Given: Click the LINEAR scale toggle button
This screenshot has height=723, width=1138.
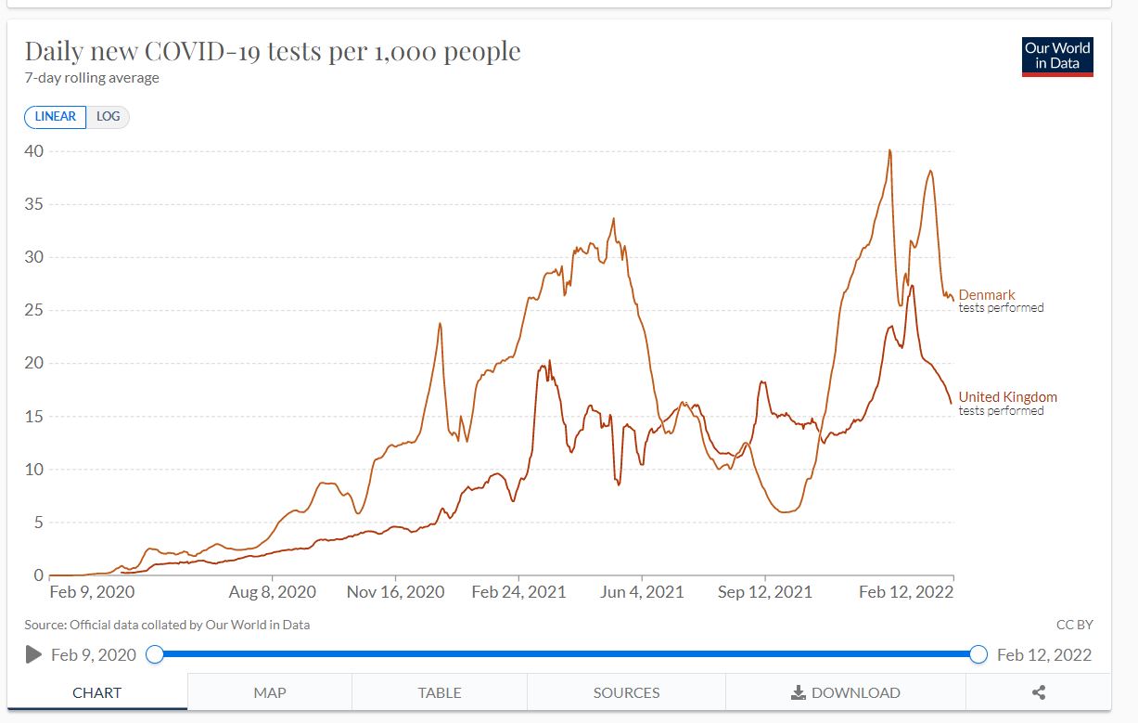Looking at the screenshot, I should [x=56, y=117].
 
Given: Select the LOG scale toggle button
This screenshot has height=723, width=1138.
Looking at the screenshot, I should [x=108, y=117].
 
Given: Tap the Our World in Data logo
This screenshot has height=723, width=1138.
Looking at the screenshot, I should [x=1057, y=56].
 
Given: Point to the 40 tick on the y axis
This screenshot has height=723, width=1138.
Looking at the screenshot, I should [x=34, y=150].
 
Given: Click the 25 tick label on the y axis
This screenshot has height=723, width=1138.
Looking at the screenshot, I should [x=34, y=310].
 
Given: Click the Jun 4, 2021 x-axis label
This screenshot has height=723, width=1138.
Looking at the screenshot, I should [x=643, y=592].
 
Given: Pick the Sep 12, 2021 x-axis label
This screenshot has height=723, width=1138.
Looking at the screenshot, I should [x=765, y=592].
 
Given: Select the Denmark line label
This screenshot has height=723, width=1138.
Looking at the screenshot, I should [x=987, y=295].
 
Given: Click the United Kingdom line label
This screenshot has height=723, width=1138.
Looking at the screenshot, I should [x=1007, y=397].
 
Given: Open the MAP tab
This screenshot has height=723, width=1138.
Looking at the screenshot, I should [x=270, y=692].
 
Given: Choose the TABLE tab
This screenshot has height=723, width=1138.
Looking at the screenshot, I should [x=440, y=692].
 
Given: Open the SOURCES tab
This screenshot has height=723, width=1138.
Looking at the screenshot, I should [x=627, y=692].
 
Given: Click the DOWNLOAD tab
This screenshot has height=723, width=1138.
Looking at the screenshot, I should [x=845, y=692].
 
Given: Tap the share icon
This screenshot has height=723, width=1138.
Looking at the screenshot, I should [x=1039, y=692].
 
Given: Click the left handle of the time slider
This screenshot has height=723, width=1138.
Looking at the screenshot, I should [x=155, y=654].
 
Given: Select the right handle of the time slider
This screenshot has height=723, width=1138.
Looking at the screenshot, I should [x=978, y=654].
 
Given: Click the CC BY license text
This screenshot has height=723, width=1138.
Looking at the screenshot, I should [x=1074, y=626].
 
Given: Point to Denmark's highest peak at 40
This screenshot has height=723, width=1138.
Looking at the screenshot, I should [x=889, y=150].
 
